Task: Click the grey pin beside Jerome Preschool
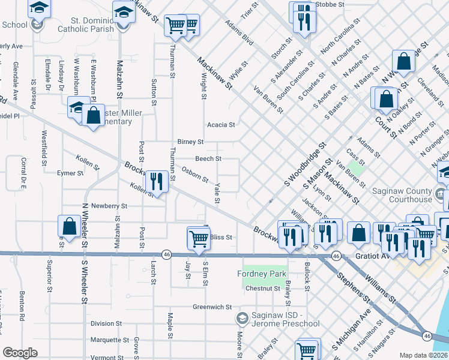[243, 317]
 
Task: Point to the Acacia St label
[220, 125]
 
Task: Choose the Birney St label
[191, 142]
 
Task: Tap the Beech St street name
[209, 159]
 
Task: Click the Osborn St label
[194, 175]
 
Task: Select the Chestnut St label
[264, 289]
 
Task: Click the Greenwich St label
[212, 307]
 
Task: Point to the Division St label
[106, 323]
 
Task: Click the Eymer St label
[70, 173]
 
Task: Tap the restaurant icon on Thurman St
[156, 180]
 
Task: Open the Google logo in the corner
[20, 353]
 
